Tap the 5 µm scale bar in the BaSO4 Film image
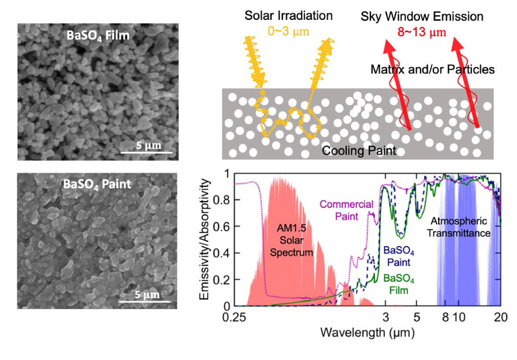(146, 151)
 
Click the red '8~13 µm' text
(418, 30)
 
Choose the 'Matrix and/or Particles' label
(433, 70)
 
